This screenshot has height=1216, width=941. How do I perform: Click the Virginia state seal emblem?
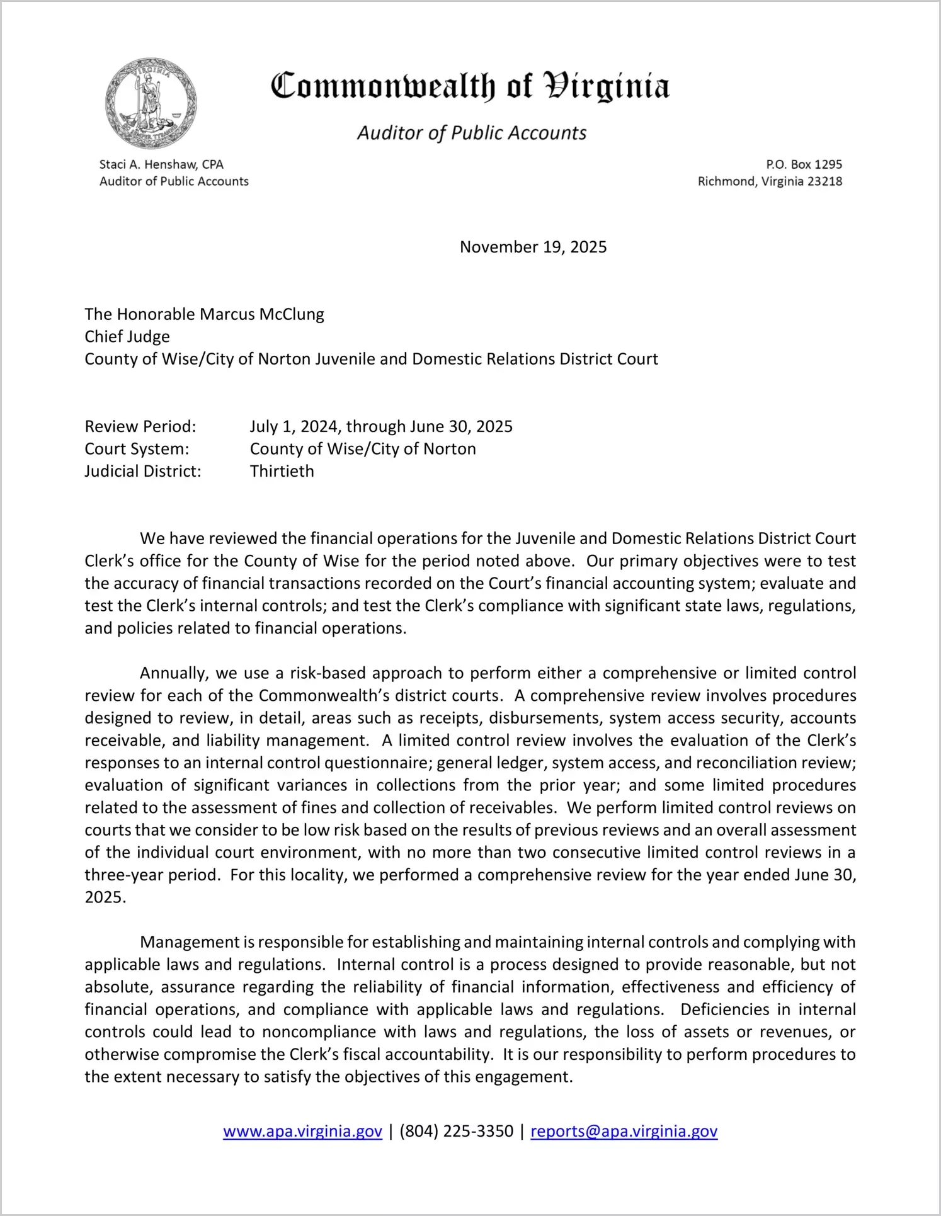point(151,104)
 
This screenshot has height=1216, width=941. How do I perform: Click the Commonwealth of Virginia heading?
point(470,86)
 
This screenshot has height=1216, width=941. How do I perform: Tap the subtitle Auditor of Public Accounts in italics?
point(472,133)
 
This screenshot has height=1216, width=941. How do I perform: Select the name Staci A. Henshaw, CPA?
point(161,164)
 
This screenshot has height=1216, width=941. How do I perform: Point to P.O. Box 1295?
point(804,164)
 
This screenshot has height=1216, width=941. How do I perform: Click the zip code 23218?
point(824,181)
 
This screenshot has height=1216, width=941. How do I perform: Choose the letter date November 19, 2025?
point(533,247)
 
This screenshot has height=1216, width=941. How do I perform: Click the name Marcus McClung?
point(261,314)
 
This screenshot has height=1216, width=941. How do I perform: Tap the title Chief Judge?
point(127,336)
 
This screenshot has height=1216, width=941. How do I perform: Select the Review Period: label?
point(140,426)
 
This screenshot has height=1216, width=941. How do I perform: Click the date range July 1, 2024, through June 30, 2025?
point(381,426)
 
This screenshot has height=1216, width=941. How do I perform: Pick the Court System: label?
point(137,449)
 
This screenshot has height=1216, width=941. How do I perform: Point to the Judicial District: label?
point(143,471)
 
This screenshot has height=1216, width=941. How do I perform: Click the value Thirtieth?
point(282,471)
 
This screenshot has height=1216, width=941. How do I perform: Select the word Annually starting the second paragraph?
point(174,673)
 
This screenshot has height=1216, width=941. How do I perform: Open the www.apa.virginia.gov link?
point(302,1131)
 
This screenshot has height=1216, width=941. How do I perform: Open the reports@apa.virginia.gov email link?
point(624,1131)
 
